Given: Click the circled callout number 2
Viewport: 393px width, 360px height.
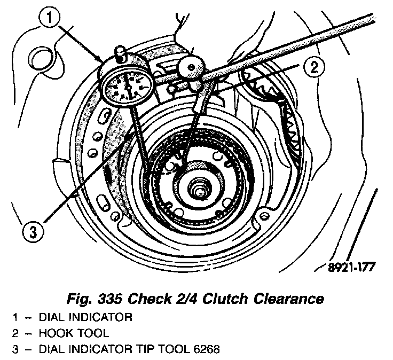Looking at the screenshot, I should click(314, 68).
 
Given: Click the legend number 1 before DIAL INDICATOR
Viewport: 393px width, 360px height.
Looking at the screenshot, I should click(17, 318).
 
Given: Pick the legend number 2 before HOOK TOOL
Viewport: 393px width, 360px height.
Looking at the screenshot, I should click(17, 334).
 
